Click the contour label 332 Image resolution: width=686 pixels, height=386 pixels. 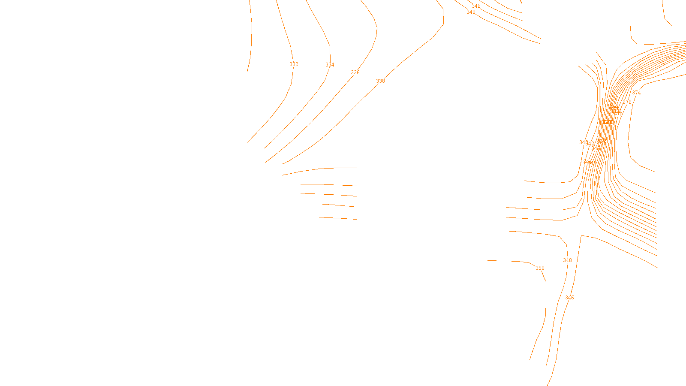click(x=294, y=64)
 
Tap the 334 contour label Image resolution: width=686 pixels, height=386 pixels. click(x=330, y=65)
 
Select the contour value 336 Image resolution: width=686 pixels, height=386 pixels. click(x=355, y=72)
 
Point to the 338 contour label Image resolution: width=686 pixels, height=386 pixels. click(x=380, y=81)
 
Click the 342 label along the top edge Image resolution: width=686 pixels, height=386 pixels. click(x=476, y=6)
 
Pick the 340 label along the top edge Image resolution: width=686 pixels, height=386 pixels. click(x=471, y=12)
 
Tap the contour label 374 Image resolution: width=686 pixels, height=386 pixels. click(x=636, y=93)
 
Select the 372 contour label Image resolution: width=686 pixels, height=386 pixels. click(x=627, y=102)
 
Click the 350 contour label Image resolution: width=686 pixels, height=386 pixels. click(x=540, y=268)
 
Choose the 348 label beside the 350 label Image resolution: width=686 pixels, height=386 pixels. click(x=567, y=260)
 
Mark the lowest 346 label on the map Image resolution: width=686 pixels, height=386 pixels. click(x=569, y=298)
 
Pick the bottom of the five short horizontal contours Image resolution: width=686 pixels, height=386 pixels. click(x=338, y=218)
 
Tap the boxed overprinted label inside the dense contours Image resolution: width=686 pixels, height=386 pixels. click(x=607, y=122)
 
